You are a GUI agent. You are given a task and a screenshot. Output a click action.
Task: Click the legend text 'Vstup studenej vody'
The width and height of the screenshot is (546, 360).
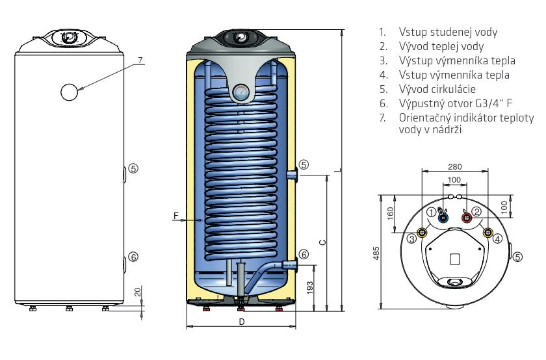coord(448,32)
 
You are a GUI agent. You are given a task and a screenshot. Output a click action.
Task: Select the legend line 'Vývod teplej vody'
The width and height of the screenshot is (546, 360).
coord(441,46)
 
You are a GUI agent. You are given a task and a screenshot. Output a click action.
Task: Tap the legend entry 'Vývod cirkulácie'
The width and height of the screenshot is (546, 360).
coord(437,89)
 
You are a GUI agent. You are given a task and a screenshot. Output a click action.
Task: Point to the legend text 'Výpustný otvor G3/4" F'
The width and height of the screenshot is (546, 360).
coord(456,103)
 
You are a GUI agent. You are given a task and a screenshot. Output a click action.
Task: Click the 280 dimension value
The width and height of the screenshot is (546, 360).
coord(455,167)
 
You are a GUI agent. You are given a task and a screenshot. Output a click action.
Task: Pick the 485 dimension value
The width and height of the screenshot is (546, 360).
coord(376,254)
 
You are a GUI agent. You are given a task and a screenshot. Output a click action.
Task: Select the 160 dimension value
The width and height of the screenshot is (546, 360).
coord(390,213)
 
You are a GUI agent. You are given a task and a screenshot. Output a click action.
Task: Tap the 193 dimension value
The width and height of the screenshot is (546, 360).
coord(309,288)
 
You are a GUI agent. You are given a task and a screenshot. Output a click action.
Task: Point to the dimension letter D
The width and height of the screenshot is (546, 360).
coord(242,322)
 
